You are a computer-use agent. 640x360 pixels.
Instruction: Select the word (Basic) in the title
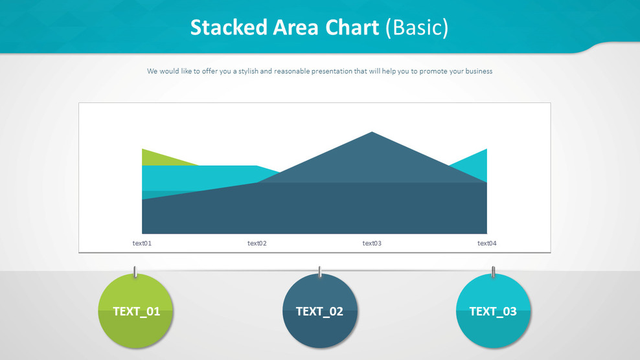[x=417, y=28]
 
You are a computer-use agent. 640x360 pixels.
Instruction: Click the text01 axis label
[x=142, y=243]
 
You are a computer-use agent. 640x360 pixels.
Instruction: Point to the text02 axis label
[x=257, y=243]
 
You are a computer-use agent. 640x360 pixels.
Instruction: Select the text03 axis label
[x=372, y=243]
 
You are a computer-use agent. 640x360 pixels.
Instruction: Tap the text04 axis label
[x=487, y=243]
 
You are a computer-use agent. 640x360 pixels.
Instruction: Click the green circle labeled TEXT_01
[x=136, y=311]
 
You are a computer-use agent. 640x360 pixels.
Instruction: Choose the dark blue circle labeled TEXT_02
[x=319, y=311]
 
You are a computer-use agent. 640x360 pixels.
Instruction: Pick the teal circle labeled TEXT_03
[x=493, y=311]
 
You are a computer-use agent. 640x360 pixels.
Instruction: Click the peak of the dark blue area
[x=372, y=134]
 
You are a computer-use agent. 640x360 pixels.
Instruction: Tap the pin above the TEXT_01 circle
[x=135, y=271]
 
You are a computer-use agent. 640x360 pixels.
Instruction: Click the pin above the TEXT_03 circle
[x=493, y=271]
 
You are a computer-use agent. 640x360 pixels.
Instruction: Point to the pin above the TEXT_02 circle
[x=319, y=271]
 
